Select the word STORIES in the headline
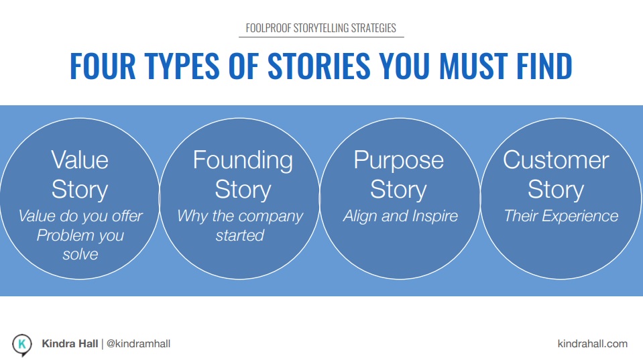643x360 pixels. (319, 66)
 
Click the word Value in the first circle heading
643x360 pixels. (80, 160)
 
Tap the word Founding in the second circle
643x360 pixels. (243, 161)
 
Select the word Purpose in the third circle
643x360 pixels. (398, 161)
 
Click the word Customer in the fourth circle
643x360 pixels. (556, 160)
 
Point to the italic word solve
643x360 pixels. (80, 254)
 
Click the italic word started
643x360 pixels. (240, 235)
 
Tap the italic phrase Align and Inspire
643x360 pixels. (400, 216)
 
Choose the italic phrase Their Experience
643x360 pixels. (561, 216)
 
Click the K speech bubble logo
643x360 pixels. (21, 345)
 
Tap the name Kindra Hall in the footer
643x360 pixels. (70, 344)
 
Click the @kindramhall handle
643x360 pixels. (138, 344)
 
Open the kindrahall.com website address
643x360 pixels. (593, 344)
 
